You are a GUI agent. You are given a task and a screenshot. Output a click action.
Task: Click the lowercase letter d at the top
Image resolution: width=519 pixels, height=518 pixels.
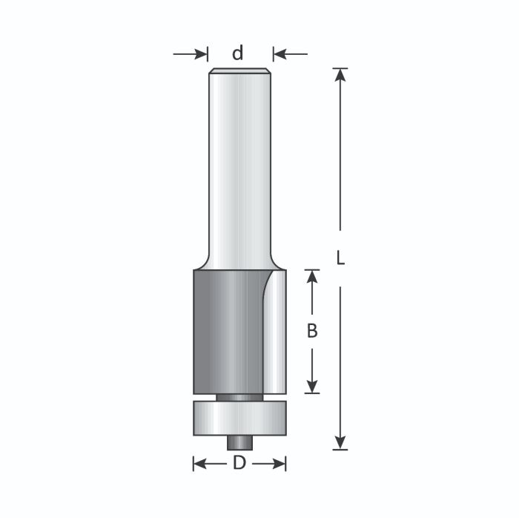point(238,53)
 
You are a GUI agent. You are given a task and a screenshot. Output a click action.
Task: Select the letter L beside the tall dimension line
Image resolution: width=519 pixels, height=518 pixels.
point(340,259)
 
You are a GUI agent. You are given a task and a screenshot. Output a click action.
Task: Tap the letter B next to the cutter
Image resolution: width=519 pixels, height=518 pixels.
point(312,332)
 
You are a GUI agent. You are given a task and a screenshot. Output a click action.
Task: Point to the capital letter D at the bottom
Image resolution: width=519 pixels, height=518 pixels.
point(239,464)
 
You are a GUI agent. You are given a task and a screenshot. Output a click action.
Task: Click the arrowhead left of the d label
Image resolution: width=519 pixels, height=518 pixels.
point(200,53)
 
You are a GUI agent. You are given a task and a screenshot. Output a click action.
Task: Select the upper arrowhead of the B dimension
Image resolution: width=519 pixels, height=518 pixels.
point(312,277)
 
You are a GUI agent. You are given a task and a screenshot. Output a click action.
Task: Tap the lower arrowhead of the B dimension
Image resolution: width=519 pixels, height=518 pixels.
point(312,386)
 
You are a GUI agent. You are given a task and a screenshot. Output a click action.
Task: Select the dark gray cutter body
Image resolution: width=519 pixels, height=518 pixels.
point(222,330)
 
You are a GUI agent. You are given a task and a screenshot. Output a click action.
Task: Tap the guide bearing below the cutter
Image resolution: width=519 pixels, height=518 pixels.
point(239,418)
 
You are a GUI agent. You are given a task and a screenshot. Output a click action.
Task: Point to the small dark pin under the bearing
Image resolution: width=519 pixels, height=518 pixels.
point(239,442)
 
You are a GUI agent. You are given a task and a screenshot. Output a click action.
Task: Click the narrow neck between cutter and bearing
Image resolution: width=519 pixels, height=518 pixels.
point(239,397)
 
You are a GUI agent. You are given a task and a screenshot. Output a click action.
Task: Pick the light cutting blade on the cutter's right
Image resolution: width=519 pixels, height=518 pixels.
point(277,334)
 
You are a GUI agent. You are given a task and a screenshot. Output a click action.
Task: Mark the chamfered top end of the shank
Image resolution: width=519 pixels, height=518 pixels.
point(239,71)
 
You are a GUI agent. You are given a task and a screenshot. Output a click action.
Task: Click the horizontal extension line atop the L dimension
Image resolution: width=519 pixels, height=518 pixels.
point(340,68)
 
